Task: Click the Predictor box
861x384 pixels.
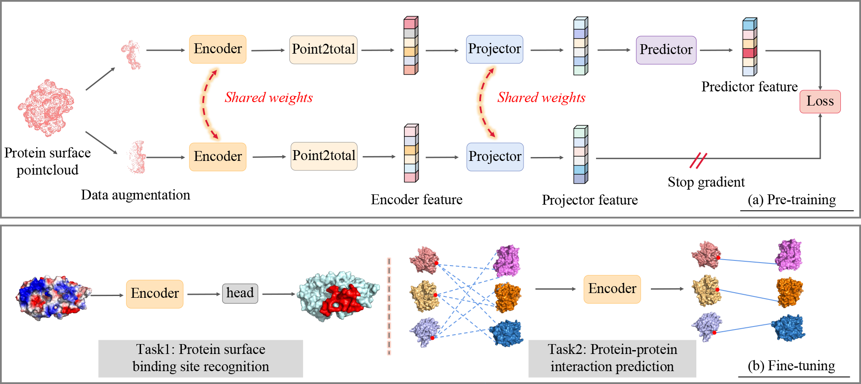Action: tap(666, 50)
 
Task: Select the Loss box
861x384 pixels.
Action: tap(820, 101)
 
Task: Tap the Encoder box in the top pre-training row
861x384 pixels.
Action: tap(218, 49)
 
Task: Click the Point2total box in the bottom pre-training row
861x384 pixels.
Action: tap(324, 156)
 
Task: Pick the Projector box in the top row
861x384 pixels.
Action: tap(494, 49)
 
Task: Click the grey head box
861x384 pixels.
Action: tap(240, 293)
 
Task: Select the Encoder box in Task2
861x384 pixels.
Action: tap(612, 289)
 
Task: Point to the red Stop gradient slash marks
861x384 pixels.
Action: tap(698, 160)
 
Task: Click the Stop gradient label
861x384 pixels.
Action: tap(706, 182)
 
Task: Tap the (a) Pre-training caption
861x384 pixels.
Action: tap(792, 200)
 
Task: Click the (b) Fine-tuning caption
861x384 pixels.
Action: tap(791, 366)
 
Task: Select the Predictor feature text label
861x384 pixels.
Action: tap(749, 87)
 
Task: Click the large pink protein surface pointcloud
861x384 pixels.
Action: tap(46, 107)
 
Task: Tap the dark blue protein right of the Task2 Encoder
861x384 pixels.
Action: tap(788, 328)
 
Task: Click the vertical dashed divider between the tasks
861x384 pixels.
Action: tap(389, 306)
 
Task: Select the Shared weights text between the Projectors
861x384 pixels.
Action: tap(541, 97)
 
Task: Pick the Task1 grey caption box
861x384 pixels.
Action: tap(200, 358)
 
